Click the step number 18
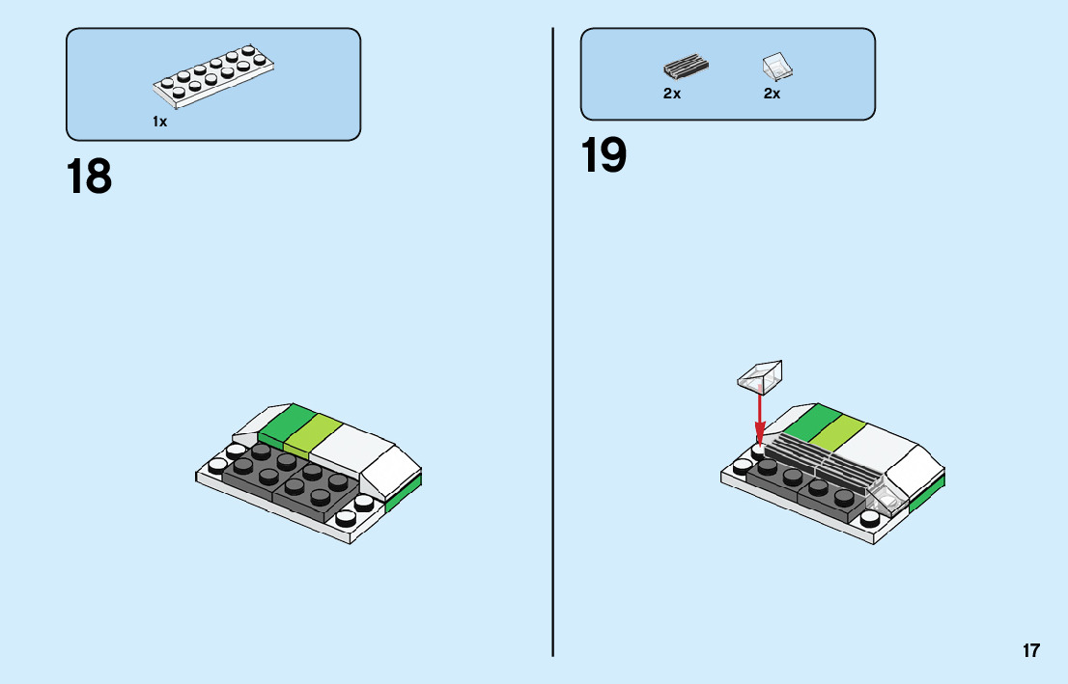[x=89, y=178]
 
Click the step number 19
[x=604, y=156]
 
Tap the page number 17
[x=1031, y=651]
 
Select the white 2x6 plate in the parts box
[x=213, y=77]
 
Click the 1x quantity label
[x=159, y=123]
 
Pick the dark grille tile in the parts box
[x=686, y=68]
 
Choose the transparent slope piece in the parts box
[x=776, y=67]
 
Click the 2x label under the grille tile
[x=672, y=95]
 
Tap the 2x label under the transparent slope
[x=772, y=95]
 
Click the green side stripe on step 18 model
[x=404, y=492]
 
